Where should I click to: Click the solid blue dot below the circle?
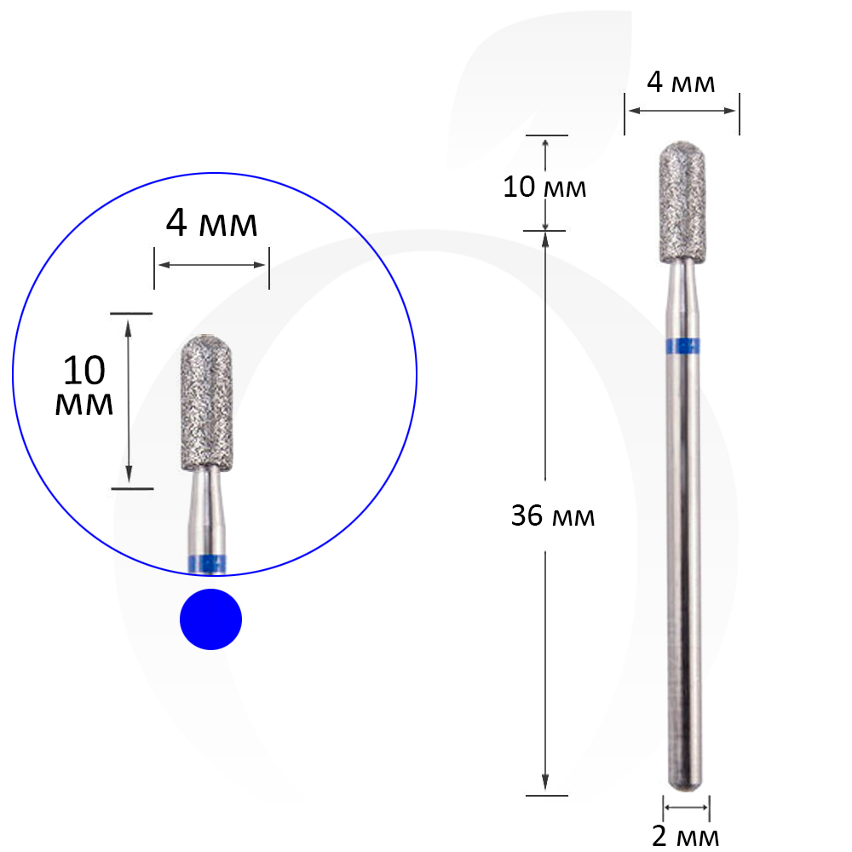tap(210, 619)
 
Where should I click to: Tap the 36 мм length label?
tap(553, 515)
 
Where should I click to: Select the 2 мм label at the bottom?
tap(685, 837)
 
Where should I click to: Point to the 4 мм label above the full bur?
tap(681, 82)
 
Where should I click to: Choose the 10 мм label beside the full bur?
tap(544, 187)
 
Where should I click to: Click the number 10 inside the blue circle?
tap(84, 371)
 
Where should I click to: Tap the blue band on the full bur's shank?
tap(682, 346)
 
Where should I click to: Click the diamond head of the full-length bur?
tap(682, 203)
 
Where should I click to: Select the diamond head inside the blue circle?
tap(206, 403)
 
